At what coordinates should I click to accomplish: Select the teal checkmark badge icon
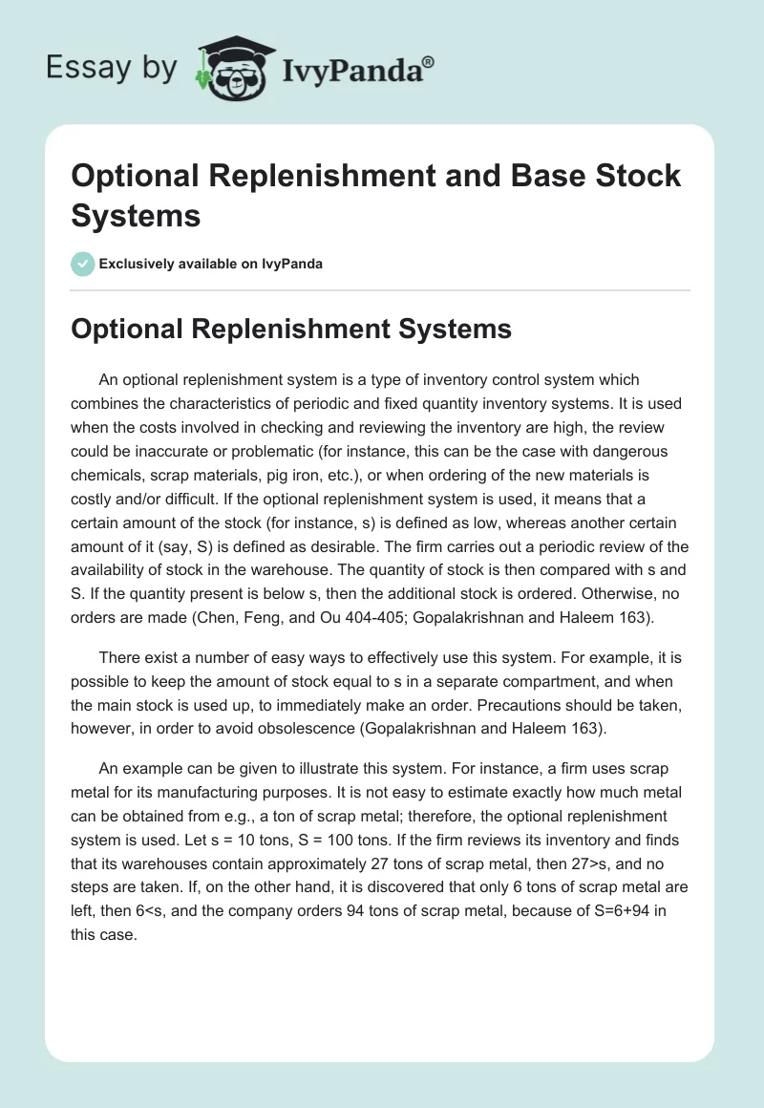[83, 264]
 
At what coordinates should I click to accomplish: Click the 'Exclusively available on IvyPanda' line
[210, 264]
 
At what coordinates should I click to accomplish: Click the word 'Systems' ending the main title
[136, 215]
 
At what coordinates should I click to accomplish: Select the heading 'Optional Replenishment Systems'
[291, 330]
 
